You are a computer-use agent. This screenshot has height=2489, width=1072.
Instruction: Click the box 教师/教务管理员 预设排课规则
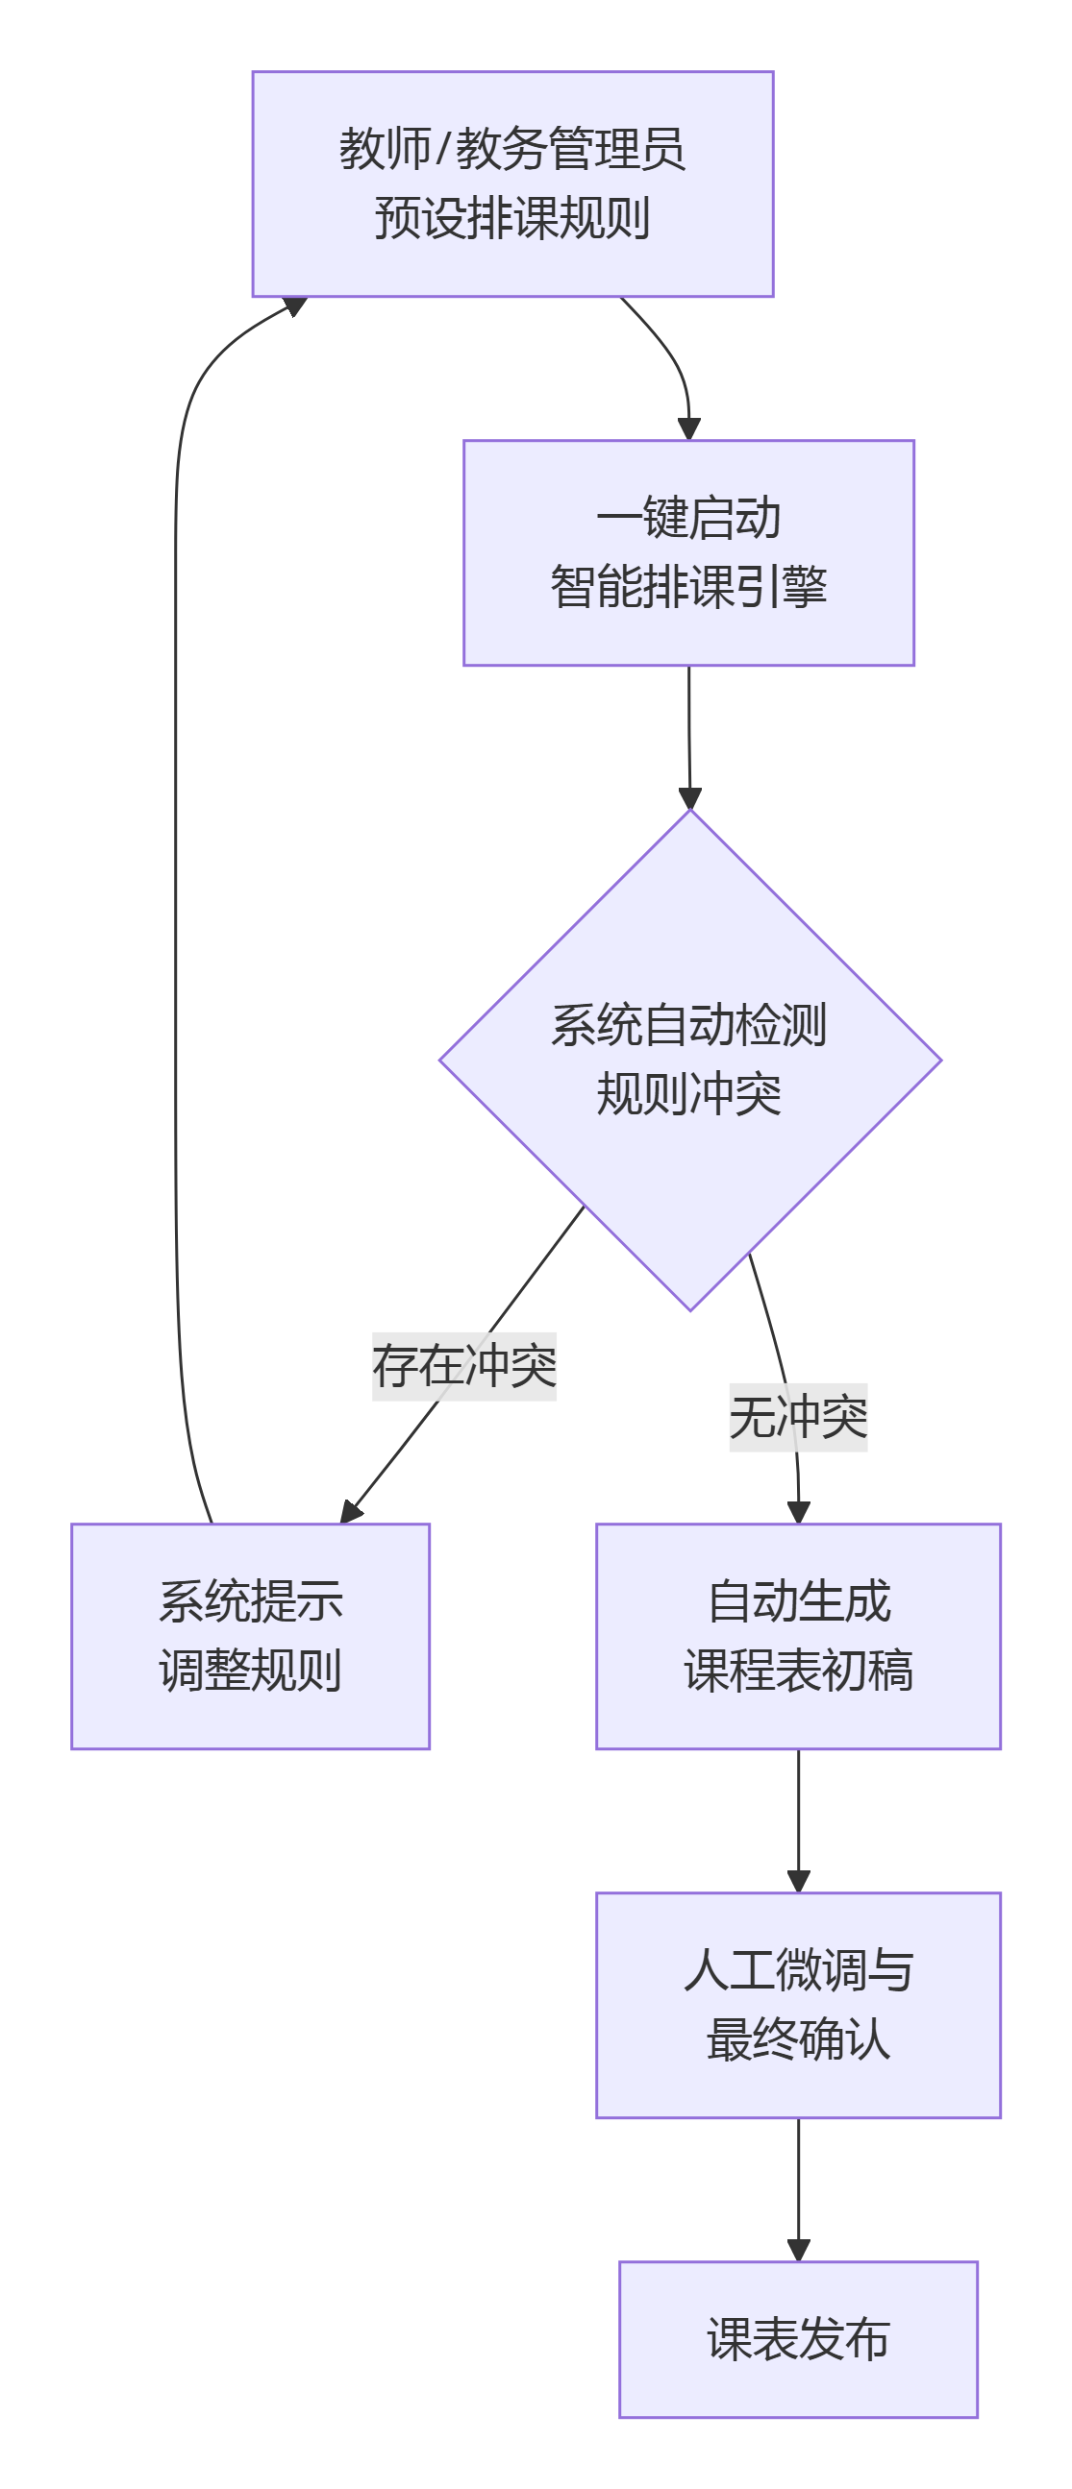(512, 183)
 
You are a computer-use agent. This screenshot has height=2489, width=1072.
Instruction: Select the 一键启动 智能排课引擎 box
(688, 552)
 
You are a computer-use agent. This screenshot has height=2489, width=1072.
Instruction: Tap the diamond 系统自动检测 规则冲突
(690, 1059)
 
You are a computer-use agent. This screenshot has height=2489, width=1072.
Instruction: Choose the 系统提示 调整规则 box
(250, 1636)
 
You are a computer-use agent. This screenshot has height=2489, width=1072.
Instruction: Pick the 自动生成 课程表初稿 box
(797, 1636)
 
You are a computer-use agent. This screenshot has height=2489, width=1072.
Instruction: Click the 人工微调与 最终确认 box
(797, 2005)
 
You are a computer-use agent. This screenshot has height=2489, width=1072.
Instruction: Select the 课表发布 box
(797, 2339)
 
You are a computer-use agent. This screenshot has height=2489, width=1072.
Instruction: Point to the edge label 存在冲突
(464, 1366)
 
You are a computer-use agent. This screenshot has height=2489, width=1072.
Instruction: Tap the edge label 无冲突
(797, 1418)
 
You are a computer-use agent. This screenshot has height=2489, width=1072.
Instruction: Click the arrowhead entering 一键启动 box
(688, 429)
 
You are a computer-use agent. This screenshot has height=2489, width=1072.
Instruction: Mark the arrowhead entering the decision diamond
(689, 798)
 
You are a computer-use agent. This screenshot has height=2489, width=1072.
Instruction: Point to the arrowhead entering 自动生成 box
(798, 1513)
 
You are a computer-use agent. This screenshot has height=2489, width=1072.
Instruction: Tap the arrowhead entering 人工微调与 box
(798, 1881)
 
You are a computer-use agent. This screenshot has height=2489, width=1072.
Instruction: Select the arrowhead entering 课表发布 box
(798, 2251)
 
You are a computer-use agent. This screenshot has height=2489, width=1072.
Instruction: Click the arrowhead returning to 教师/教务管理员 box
(294, 307)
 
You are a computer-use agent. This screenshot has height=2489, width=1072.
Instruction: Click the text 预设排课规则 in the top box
(512, 218)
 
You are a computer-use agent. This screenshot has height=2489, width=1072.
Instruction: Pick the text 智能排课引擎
(688, 588)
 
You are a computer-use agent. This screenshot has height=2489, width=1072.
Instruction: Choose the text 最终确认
(797, 2039)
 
